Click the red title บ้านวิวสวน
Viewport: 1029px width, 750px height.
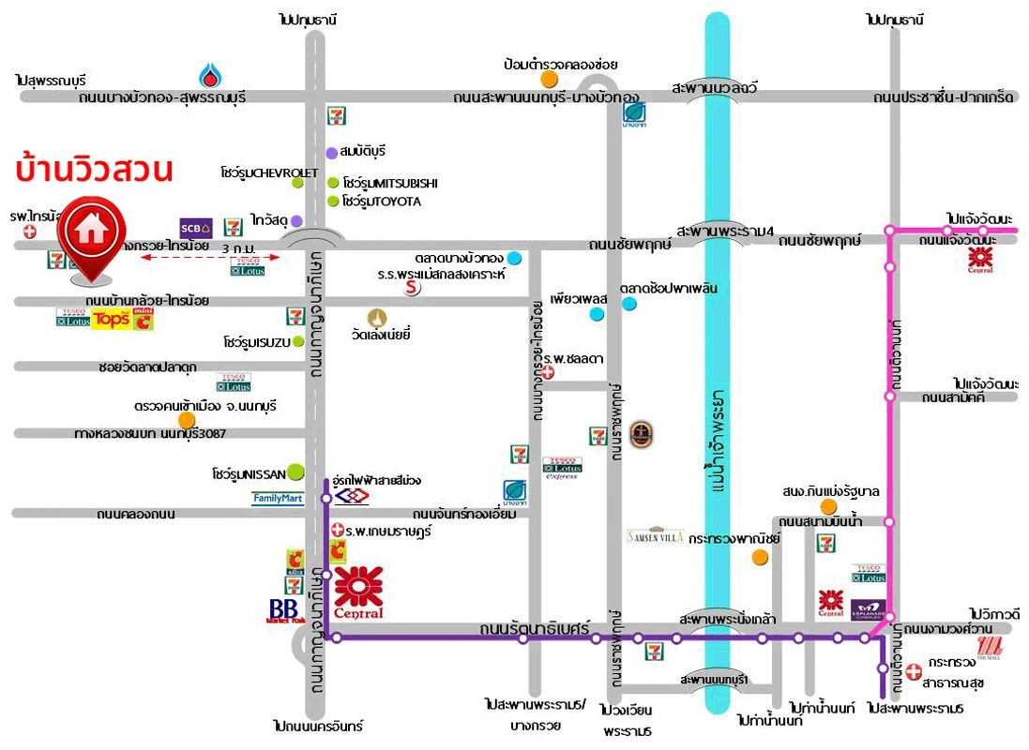[x=94, y=171]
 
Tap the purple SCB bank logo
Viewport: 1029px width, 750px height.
[x=196, y=228]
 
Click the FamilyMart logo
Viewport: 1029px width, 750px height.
[x=278, y=499]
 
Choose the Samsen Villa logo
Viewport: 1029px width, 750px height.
[x=656, y=536]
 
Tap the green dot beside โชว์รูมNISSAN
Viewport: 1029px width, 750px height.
[x=295, y=472]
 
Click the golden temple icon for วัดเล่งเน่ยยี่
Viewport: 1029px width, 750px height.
[x=377, y=316]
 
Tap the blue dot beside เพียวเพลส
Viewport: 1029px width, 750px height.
[x=597, y=315]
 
